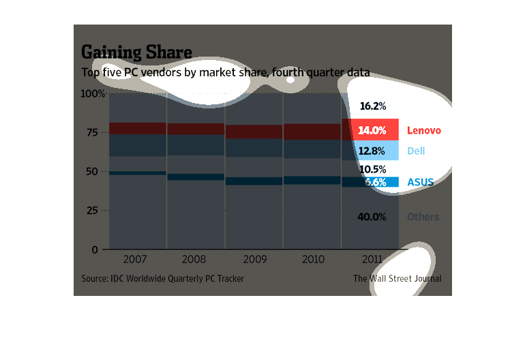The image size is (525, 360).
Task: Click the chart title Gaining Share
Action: pyautogui.click(x=136, y=52)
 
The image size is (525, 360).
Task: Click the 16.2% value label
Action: pyautogui.click(x=373, y=106)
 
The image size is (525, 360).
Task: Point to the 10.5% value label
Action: pyautogui.click(x=373, y=169)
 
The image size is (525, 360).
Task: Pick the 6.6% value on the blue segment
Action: pyautogui.click(x=374, y=183)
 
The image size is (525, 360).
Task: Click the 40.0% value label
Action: pyautogui.click(x=373, y=217)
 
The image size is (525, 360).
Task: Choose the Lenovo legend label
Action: pyautogui.click(x=424, y=130)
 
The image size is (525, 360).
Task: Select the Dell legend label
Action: pyautogui.click(x=416, y=151)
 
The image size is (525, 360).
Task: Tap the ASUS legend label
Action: pyautogui.click(x=420, y=183)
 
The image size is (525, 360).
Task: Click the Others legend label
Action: pyautogui.click(x=423, y=217)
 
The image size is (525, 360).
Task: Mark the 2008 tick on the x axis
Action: pyautogui.click(x=196, y=260)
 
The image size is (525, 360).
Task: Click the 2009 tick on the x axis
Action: pyautogui.click(x=254, y=260)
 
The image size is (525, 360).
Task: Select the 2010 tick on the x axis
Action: pyautogui.click(x=312, y=260)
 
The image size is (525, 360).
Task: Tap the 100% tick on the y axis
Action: pyautogui.click(x=92, y=93)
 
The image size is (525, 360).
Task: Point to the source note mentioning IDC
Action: pyautogui.click(x=162, y=278)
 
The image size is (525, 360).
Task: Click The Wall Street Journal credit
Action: pyautogui.click(x=397, y=278)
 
